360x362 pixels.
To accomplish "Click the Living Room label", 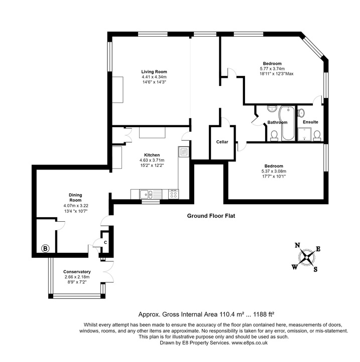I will (x=154, y=71).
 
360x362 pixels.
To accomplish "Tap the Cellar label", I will (x=222, y=142).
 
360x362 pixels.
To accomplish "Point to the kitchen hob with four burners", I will (x=174, y=194).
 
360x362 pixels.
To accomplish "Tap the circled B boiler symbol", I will (x=45, y=248).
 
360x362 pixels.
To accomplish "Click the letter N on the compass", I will (x=297, y=245).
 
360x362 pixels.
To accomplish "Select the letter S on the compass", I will (x=315, y=269).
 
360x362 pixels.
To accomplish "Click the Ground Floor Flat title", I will (x=211, y=216).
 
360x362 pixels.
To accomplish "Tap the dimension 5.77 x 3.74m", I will (x=272, y=69).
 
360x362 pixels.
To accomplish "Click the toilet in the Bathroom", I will (x=275, y=135).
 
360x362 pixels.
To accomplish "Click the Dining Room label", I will (x=76, y=198).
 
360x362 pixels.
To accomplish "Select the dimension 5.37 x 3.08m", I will (x=274, y=171).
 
